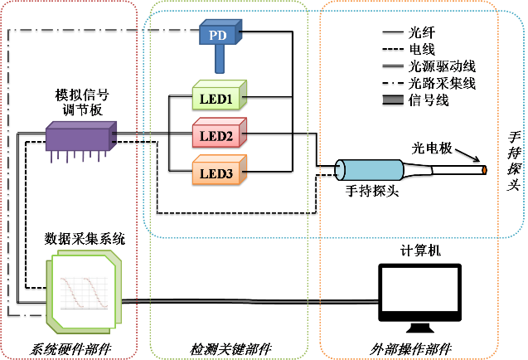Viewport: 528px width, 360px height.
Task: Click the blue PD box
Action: [218, 35]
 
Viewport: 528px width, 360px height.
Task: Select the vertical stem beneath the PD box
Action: [220, 59]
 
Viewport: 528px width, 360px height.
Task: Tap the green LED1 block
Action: [217, 100]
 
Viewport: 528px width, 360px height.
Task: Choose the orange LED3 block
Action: [217, 173]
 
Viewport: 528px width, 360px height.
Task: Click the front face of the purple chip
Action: [79, 142]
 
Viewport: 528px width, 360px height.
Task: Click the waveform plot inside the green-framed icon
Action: [82, 294]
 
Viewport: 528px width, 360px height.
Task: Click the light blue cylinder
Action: [373, 171]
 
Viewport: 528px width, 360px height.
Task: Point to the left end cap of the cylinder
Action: [340, 171]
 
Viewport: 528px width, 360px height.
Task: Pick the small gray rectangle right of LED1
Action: [393, 100]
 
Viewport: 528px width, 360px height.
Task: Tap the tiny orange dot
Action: [485, 172]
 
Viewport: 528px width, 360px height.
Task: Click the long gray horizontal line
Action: [249, 301]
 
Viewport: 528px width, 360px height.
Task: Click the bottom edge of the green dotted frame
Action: [228, 358]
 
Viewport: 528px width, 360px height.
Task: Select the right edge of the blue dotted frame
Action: [525, 124]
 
